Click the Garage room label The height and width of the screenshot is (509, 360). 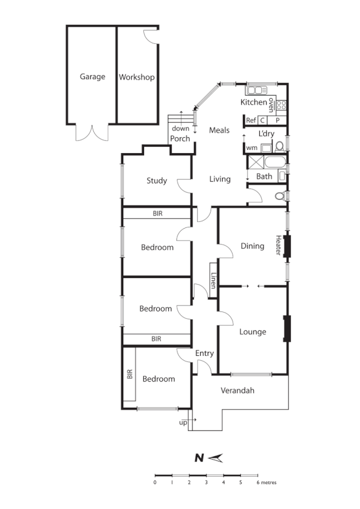click(x=92, y=77)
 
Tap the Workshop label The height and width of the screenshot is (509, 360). click(x=136, y=77)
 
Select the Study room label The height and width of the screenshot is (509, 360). click(x=157, y=180)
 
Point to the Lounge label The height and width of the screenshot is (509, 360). click(x=253, y=332)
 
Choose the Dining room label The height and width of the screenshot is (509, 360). click(x=252, y=246)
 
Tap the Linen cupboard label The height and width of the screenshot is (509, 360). click(x=214, y=280)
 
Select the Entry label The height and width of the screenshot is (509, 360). click(x=204, y=354)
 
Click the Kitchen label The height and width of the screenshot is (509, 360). click(x=253, y=102)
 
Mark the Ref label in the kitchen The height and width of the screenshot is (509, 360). click(x=251, y=121)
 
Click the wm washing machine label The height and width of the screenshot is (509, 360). click(x=251, y=148)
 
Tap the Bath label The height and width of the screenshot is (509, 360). click(x=264, y=177)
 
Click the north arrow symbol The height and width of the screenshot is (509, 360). click(x=217, y=458)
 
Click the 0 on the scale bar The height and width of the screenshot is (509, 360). click(x=155, y=482)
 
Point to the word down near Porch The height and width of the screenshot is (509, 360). click(x=180, y=129)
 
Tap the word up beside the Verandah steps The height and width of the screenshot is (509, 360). click(x=182, y=422)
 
